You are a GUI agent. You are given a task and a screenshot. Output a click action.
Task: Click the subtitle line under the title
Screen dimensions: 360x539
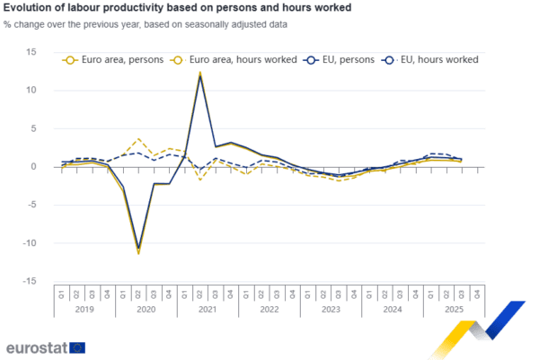(x=148, y=24)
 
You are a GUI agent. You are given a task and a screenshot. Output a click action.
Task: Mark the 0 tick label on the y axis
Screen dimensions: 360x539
(x=33, y=167)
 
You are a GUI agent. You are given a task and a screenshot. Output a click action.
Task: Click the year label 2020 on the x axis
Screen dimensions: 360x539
(x=146, y=309)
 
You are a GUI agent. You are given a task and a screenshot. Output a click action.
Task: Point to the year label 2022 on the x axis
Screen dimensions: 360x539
(x=269, y=309)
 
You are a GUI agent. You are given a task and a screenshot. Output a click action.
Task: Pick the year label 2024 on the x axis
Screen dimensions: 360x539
(x=392, y=309)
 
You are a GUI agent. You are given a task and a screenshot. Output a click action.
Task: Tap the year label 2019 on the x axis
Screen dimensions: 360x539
(x=84, y=309)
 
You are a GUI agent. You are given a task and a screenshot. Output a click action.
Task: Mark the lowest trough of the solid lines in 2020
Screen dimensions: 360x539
(x=138, y=253)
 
